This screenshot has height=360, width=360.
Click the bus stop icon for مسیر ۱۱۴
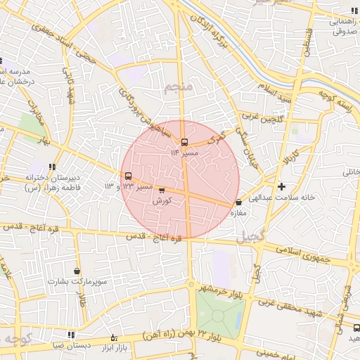pyautogui.click(x=184, y=142)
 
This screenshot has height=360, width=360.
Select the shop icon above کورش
pyautogui.click(x=162, y=191)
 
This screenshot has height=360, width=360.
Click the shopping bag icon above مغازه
pyautogui.click(x=238, y=202)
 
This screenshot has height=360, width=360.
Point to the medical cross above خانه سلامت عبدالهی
pyautogui.click(x=282, y=186)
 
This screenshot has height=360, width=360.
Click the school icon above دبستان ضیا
pyautogui.click(x=70, y=335)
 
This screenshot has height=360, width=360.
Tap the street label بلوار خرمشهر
pyautogui.click(x=224, y=290)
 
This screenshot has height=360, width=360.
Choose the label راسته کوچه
pyautogui.click(x=334, y=99)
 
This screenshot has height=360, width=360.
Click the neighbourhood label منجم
pyautogui.click(x=177, y=89)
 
